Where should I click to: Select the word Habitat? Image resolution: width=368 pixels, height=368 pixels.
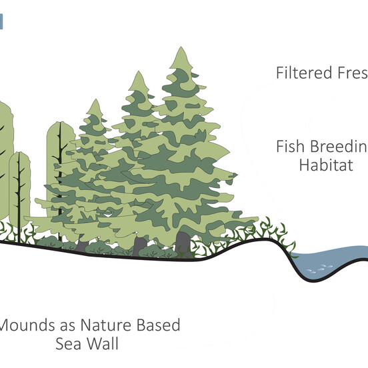coord(326,165)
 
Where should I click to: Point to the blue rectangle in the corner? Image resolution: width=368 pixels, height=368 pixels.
coord(1,21)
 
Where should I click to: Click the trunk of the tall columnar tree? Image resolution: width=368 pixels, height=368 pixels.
coord(59,173)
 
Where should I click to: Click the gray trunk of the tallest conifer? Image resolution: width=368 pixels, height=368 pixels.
coord(182,242)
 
